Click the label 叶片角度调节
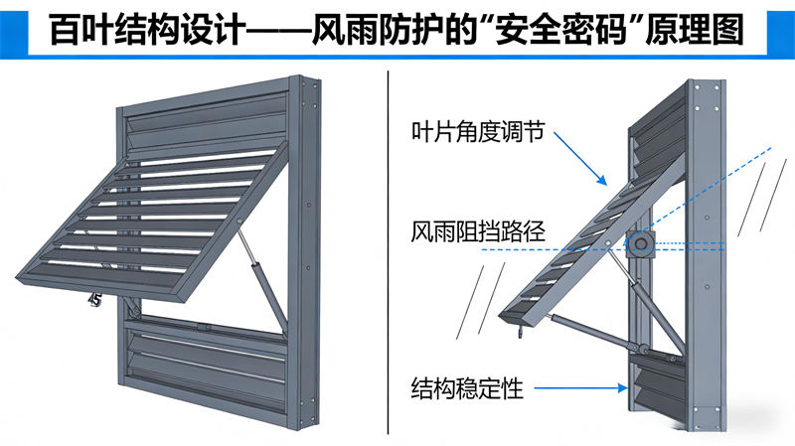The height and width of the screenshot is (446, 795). (476, 132)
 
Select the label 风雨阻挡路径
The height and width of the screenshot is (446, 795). (476, 233)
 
